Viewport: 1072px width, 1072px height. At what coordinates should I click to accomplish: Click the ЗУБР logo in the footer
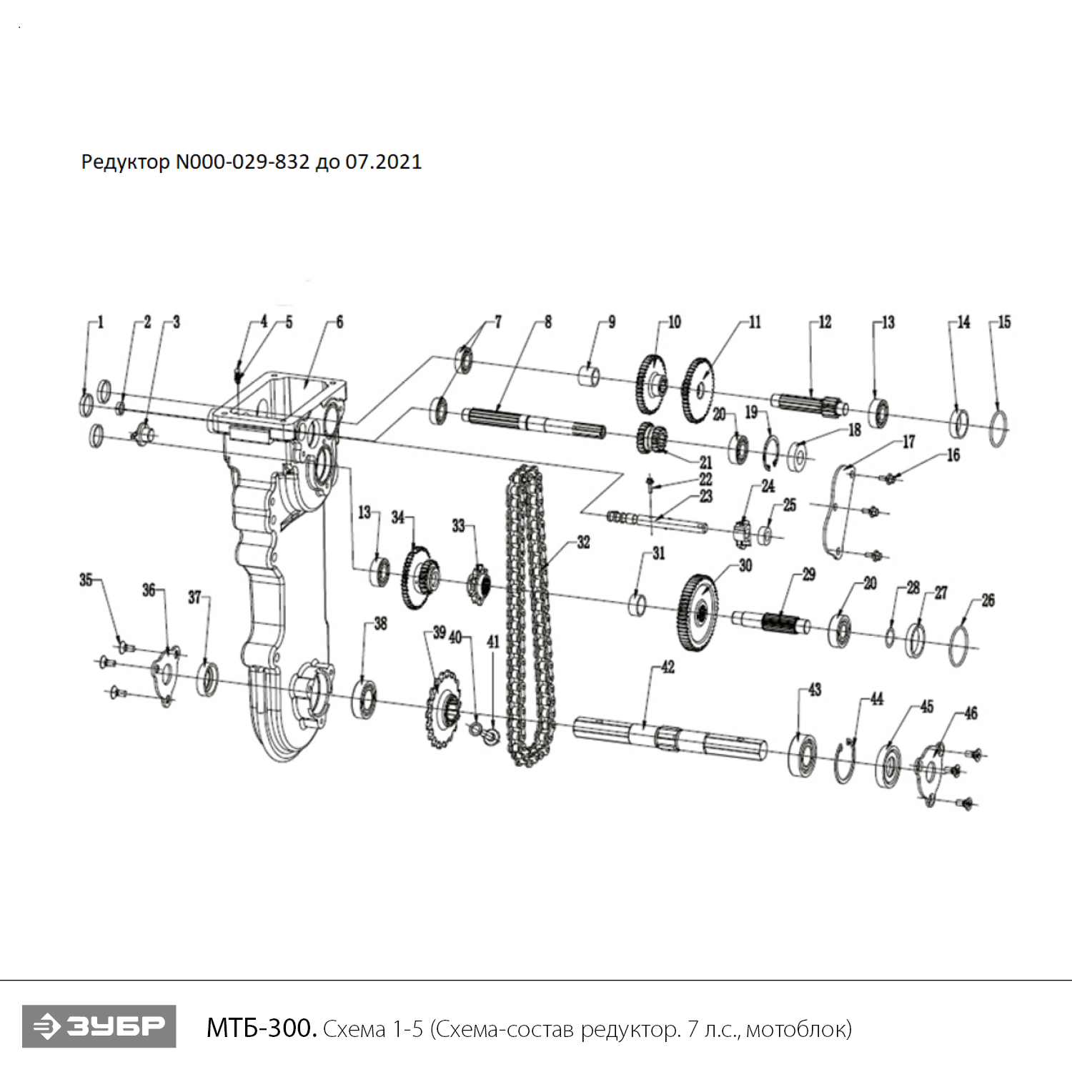pyautogui.click(x=99, y=1026)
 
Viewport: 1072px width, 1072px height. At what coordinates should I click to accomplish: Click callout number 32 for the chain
pyautogui.click(x=583, y=542)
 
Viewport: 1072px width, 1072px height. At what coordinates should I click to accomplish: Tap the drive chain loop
pyautogui.click(x=529, y=615)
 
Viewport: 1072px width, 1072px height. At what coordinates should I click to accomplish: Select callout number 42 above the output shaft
pyautogui.click(x=667, y=667)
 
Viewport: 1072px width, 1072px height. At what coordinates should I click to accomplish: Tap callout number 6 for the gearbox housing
pyautogui.click(x=339, y=322)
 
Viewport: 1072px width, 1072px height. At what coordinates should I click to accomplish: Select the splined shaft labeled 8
pyautogui.click(x=532, y=422)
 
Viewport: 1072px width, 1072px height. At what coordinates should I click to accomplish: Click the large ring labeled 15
pyautogui.click(x=999, y=427)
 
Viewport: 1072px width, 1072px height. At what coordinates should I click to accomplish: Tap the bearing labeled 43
pyautogui.click(x=803, y=754)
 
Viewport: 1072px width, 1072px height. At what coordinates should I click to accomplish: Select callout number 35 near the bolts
pyautogui.click(x=86, y=580)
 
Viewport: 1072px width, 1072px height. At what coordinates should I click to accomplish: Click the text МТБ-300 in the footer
pyautogui.click(x=261, y=1028)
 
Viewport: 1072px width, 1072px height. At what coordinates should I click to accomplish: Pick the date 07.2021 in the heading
pyautogui.click(x=384, y=162)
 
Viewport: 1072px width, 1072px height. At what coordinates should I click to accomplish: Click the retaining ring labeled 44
pyautogui.click(x=845, y=763)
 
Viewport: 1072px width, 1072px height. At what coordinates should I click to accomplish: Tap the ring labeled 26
pyautogui.click(x=959, y=644)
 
